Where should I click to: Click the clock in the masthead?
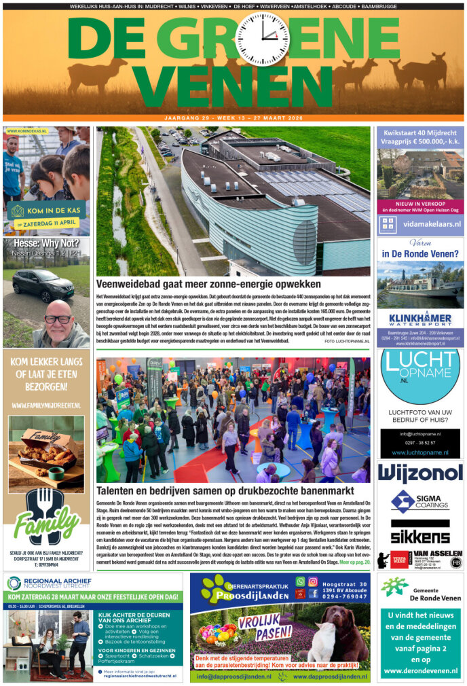261,39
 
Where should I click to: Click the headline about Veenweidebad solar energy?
227,285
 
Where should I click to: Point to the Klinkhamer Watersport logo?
420,319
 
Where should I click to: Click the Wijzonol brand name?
420,473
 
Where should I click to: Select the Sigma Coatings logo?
420,502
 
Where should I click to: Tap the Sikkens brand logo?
420,532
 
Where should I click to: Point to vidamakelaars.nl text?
429,223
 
